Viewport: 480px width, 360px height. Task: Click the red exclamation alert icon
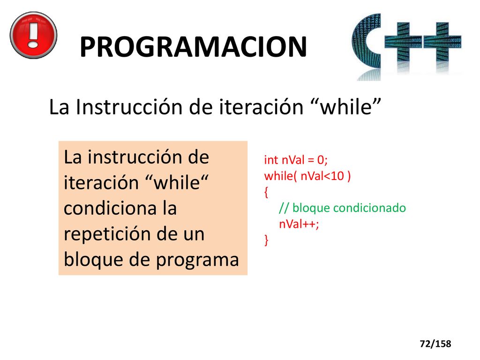[x=34, y=35]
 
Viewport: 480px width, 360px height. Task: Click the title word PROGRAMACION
[x=193, y=47]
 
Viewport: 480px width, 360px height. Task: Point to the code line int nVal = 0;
[x=296, y=160]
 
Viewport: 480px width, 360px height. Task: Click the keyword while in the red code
[x=278, y=176]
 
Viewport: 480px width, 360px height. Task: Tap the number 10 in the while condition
[x=337, y=176]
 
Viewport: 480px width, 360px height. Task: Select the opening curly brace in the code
[x=266, y=192]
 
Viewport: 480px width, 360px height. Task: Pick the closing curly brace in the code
[x=266, y=240]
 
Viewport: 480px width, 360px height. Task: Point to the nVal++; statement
[x=299, y=224]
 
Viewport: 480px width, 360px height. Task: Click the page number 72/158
[x=435, y=344]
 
